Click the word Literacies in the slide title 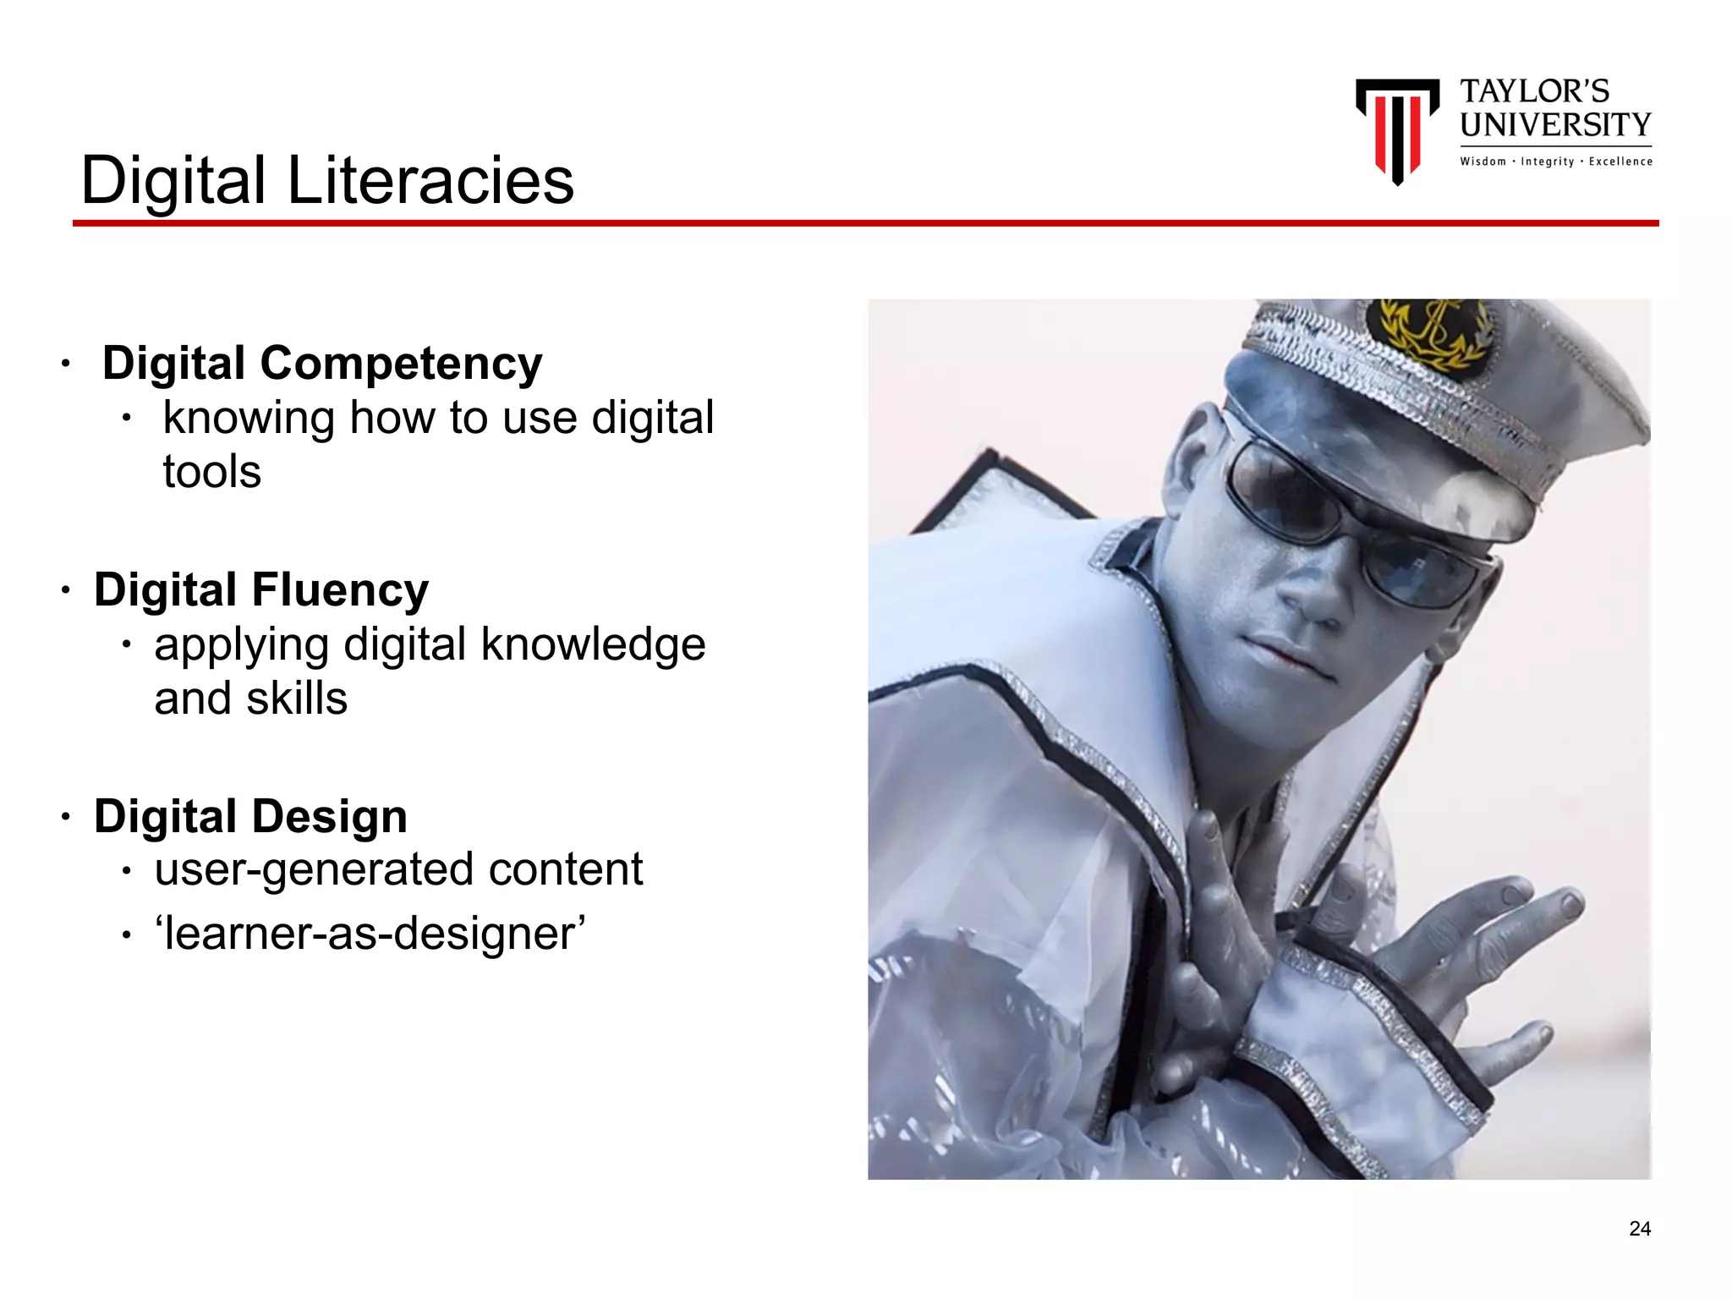click(430, 180)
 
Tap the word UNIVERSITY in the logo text click(1555, 125)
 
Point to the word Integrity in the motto click(1547, 162)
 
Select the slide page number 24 click(1640, 1228)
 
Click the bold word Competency click(401, 364)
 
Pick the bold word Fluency click(340, 589)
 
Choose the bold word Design click(330, 816)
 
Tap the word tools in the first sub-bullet click(212, 472)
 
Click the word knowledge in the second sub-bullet click(593, 644)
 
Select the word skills click(297, 699)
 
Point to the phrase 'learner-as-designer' click(370, 934)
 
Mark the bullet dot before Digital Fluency click(65, 590)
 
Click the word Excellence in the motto click(1620, 162)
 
